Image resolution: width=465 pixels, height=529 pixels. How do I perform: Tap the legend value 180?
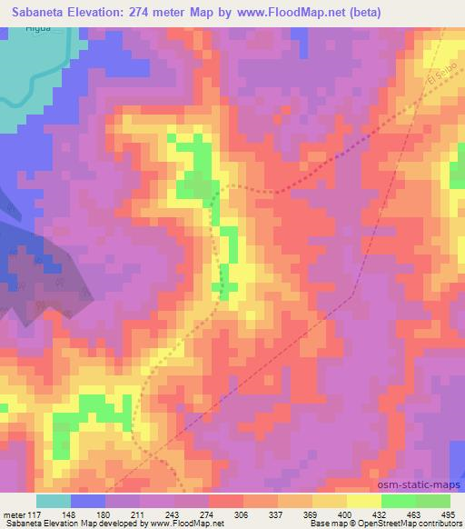pyautogui.click(x=104, y=514)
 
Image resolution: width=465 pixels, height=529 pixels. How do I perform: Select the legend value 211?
pyautogui.click(x=139, y=514)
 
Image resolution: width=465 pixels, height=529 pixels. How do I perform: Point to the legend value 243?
pyautogui.click(x=173, y=514)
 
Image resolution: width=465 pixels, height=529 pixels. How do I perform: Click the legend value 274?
pyautogui.click(x=208, y=514)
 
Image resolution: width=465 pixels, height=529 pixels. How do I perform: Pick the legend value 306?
pyautogui.click(x=242, y=514)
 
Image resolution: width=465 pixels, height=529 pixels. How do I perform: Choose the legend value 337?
pyautogui.click(x=277, y=514)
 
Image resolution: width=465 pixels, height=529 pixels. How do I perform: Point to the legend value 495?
pyautogui.click(x=449, y=514)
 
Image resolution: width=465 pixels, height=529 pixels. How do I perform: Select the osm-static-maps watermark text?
pyautogui.click(x=414, y=483)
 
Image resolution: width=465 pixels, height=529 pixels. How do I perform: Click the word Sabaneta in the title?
pyautogui.click(x=34, y=11)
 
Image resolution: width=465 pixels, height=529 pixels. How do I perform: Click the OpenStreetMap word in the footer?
pyautogui.click(x=410, y=524)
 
